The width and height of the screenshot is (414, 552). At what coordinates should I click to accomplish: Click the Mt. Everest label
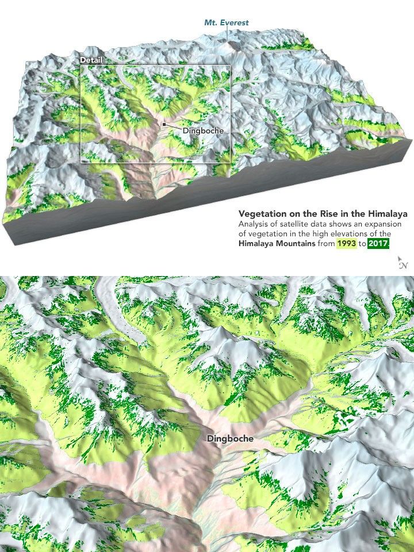[x=227, y=22]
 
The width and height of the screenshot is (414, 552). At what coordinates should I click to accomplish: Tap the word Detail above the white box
[x=91, y=60]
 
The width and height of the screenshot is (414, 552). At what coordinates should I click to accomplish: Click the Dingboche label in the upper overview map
[x=203, y=131]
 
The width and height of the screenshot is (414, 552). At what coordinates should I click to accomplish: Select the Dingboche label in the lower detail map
[x=229, y=438]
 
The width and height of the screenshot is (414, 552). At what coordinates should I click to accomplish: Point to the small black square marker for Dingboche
[x=164, y=124]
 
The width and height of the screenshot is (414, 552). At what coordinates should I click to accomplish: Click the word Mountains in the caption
[x=298, y=244]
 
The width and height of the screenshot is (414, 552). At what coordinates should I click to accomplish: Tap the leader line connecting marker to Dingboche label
[x=174, y=126]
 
